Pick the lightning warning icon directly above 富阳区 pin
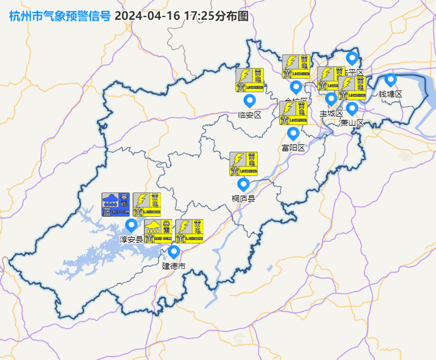point(293,113)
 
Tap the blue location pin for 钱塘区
point(391,80)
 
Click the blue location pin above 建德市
point(174,252)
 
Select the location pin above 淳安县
point(131,225)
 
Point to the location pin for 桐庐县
point(243,184)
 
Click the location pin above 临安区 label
point(250,100)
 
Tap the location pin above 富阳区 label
point(293,133)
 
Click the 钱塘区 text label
point(391,94)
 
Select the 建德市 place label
point(174,266)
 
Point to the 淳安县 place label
point(131,239)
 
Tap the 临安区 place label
point(250,115)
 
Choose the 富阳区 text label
point(293,148)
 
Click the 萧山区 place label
point(352,123)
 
